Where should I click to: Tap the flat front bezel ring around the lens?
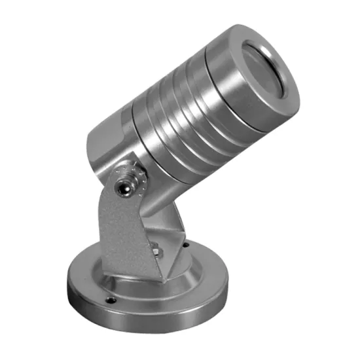click(x=288, y=98)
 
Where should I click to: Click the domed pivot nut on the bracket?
click(x=121, y=187)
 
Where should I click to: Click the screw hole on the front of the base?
click(x=111, y=301)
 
